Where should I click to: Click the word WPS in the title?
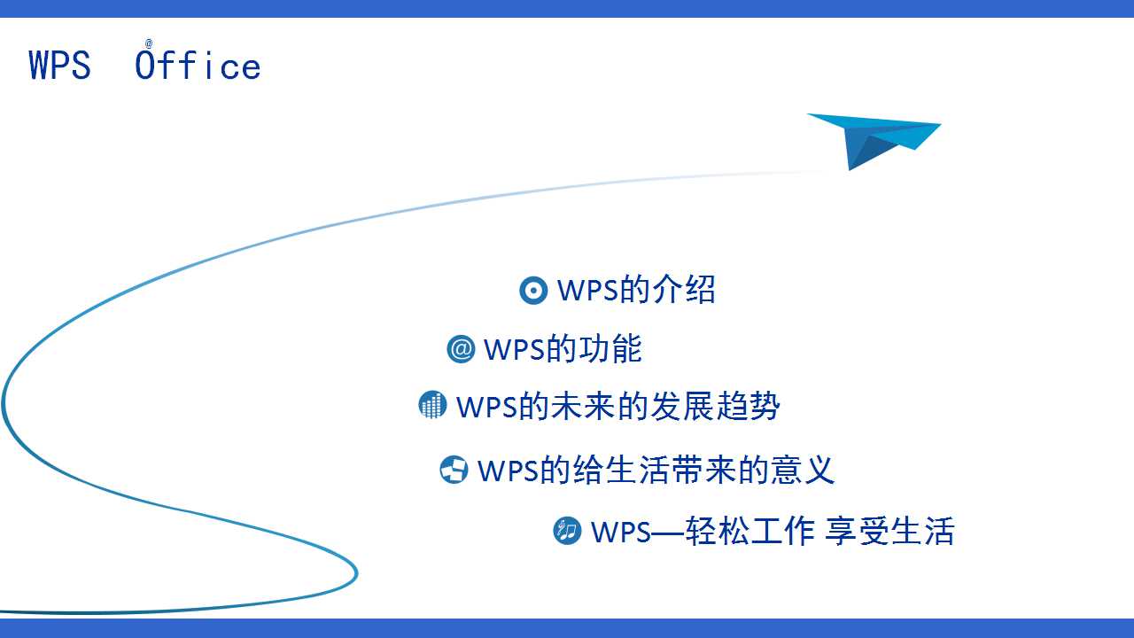(59, 66)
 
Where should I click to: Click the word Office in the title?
(198, 66)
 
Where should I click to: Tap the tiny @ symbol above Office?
(149, 43)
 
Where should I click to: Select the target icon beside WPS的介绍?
(533, 290)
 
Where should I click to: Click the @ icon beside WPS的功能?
(462, 349)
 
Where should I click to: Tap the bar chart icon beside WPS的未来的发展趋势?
(432, 406)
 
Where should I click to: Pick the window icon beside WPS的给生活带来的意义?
(454, 470)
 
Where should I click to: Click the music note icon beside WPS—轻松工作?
(567, 531)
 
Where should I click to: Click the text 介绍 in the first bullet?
(684, 290)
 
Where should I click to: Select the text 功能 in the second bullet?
(610, 349)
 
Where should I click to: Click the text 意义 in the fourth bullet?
(803, 470)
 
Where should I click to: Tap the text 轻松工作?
(750, 531)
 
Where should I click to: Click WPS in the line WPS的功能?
(514, 349)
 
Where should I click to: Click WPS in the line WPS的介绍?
(587, 290)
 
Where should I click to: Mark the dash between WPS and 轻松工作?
(669, 532)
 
